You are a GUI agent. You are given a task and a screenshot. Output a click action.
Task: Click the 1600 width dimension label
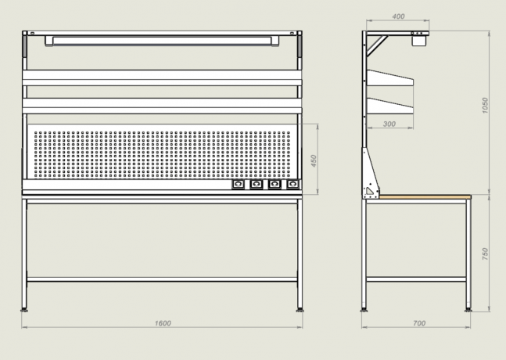tap(163, 323)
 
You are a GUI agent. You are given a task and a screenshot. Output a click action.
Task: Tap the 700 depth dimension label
tap(419, 323)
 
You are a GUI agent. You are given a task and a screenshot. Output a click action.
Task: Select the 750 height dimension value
tap(485, 254)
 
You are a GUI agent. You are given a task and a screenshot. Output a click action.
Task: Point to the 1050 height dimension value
tap(485, 105)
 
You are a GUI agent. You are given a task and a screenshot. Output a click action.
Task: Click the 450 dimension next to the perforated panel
tap(314, 161)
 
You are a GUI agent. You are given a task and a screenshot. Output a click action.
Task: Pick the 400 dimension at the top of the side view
tap(398, 16)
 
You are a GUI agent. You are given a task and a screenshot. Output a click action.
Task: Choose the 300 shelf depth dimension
tap(389, 124)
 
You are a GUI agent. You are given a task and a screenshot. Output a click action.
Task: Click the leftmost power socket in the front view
tap(238, 184)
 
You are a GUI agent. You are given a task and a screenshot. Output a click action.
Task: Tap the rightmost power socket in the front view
tap(292, 184)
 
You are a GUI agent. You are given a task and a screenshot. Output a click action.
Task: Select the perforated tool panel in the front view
tap(162, 151)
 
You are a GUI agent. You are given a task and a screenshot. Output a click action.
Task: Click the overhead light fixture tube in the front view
tap(162, 41)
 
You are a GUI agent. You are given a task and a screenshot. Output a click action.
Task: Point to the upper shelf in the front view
tap(162, 77)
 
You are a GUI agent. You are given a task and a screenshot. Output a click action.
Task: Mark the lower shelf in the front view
tap(162, 106)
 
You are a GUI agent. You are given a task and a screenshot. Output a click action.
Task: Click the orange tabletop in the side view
tap(425, 196)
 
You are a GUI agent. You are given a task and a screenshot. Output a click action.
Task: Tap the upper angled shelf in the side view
tap(389, 78)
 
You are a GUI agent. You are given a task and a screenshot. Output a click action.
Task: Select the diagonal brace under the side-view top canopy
tap(377, 46)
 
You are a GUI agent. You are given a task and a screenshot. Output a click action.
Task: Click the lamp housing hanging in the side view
tap(419, 41)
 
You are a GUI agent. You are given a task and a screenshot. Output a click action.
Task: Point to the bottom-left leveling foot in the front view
tap(24, 310)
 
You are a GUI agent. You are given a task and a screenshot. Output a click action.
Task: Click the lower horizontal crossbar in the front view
tap(162, 279)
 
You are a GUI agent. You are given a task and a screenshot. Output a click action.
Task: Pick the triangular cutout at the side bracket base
tap(369, 191)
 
